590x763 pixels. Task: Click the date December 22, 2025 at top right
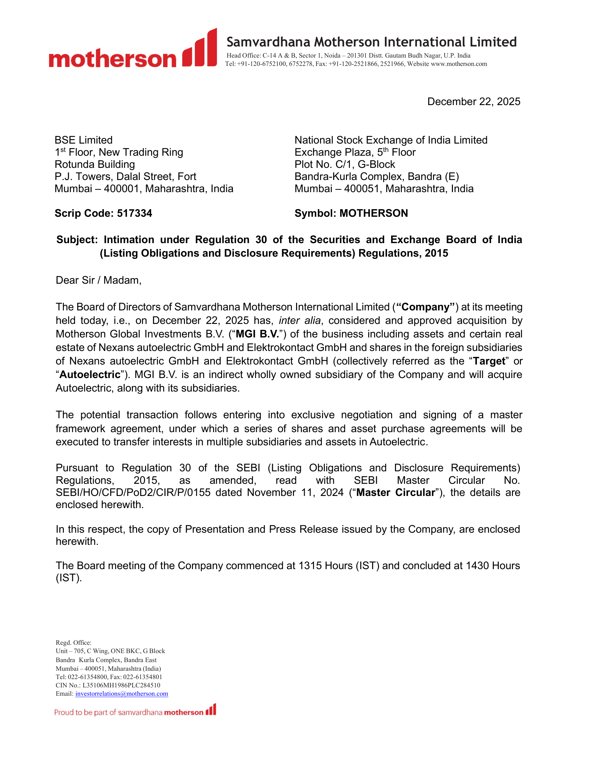(474, 102)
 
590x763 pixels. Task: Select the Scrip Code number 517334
(135, 213)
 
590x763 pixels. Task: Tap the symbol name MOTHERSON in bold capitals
(374, 213)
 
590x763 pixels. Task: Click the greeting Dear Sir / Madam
(99, 280)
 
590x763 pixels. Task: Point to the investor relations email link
(121, 694)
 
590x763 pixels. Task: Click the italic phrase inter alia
(300, 321)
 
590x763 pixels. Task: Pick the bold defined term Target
(489, 361)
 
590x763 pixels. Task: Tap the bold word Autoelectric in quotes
(90, 375)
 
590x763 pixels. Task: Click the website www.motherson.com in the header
(458, 64)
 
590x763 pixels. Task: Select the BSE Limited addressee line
(84, 140)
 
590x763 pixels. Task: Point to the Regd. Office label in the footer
(73, 643)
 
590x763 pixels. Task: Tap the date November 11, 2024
(295, 492)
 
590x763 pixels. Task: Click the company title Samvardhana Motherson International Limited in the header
(372, 42)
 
